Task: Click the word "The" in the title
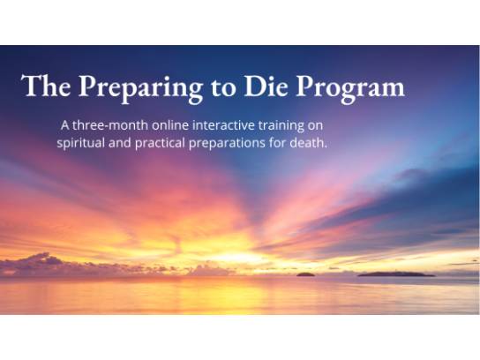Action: tap(46, 86)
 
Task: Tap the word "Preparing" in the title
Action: tap(140, 89)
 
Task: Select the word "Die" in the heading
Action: tap(266, 86)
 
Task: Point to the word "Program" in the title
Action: tap(350, 89)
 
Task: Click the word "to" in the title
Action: tap(223, 87)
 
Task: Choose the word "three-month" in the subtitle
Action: tap(110, 125)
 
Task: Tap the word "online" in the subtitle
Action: tap(171, 125)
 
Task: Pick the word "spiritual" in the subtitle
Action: tap(81, 144)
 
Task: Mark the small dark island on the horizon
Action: tap(305, 274)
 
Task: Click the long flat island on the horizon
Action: tap(396, 274)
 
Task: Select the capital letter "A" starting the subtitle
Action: tap(65, 125)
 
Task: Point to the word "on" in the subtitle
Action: tap(315, 127)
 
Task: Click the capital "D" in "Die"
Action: tap(254, 86)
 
